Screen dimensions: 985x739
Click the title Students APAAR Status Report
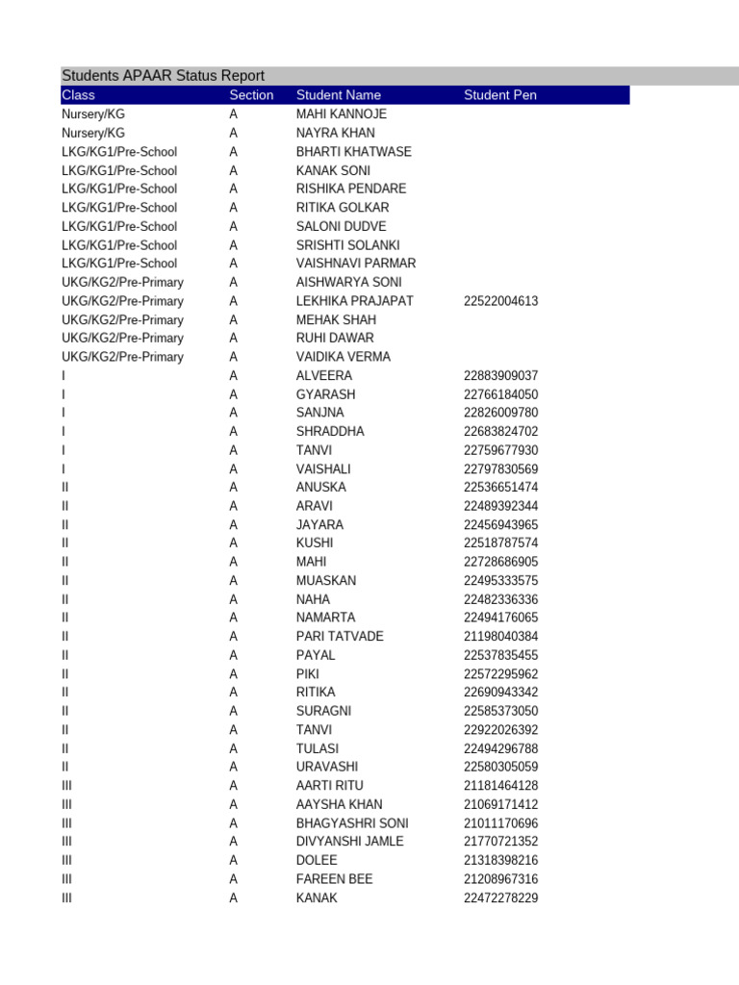pyautogui.click(x=163, y=76)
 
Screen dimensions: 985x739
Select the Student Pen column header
pyautogui.click(x=500, y=95)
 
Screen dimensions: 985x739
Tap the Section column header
pyautogui.click(x=251, y=95)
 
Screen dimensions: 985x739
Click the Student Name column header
pyautogui.click(x=339, y=95)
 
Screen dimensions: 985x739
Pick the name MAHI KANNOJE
pyautogui.click(x=342, y=114)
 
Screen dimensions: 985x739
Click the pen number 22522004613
pyautogui.click(x=500, y=301)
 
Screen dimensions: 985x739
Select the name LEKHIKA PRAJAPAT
pyautogui.click(x=355, y=301)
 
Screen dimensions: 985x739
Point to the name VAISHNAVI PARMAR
pyautogui.click(x=356, y=264)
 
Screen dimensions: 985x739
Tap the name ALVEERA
pyautogui.click(x=324, y=376)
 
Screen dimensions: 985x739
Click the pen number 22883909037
pyautogui.click(x=500, y=376)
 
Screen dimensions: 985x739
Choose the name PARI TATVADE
pyautogui.click(x=340, y=637)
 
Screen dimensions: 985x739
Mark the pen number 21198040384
pyautogui.click(x=500, y=637)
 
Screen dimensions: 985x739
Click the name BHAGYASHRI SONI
pyautogui.click(x=352, y=823)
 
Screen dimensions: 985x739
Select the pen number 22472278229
pyautogui.click(x=500, y=898)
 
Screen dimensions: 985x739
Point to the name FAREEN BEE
pyautogui.click(x=334, y=879)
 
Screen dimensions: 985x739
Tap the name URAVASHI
pyautogui.click(x=327, y=768)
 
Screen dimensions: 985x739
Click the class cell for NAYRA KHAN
pyautogui.click(x=93, y=133)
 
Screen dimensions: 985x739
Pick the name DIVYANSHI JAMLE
pyautogui.click(x=350, y=842)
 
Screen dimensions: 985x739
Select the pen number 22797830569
pyautogui.click(x=500, y=469)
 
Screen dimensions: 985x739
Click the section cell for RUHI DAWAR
pyautogui.click(x=233, y=339)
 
